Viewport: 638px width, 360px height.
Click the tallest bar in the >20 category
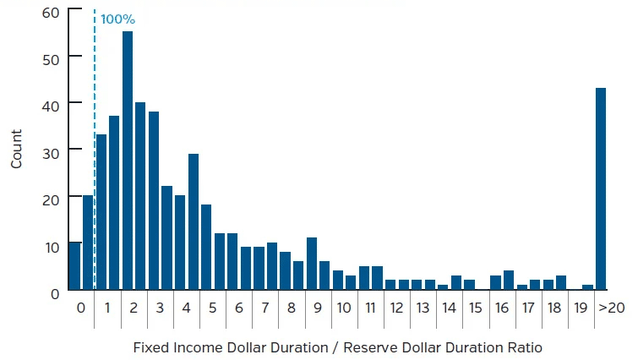601,189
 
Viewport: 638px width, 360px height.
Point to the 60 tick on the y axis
50,12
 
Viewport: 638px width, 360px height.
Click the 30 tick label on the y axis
50,150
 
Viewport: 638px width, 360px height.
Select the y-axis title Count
17,150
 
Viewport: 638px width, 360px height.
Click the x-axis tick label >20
611,308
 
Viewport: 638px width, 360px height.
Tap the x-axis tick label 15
475,308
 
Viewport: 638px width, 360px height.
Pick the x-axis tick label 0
81,308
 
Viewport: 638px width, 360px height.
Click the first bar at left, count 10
75,267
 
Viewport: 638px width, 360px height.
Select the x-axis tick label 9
318,308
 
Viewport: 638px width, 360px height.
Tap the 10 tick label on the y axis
50,246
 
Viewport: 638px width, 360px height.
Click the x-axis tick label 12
396,308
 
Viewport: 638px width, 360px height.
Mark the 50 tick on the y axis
50,57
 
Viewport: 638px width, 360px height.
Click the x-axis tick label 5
213,308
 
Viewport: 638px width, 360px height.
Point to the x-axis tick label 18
553,308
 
